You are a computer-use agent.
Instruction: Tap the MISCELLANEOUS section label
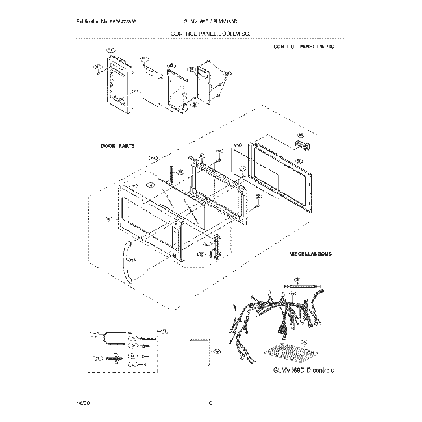[x=310, y=254]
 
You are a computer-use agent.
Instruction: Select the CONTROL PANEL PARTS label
[x=303, y=47]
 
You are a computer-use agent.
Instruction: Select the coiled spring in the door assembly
[x=171, y=174]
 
